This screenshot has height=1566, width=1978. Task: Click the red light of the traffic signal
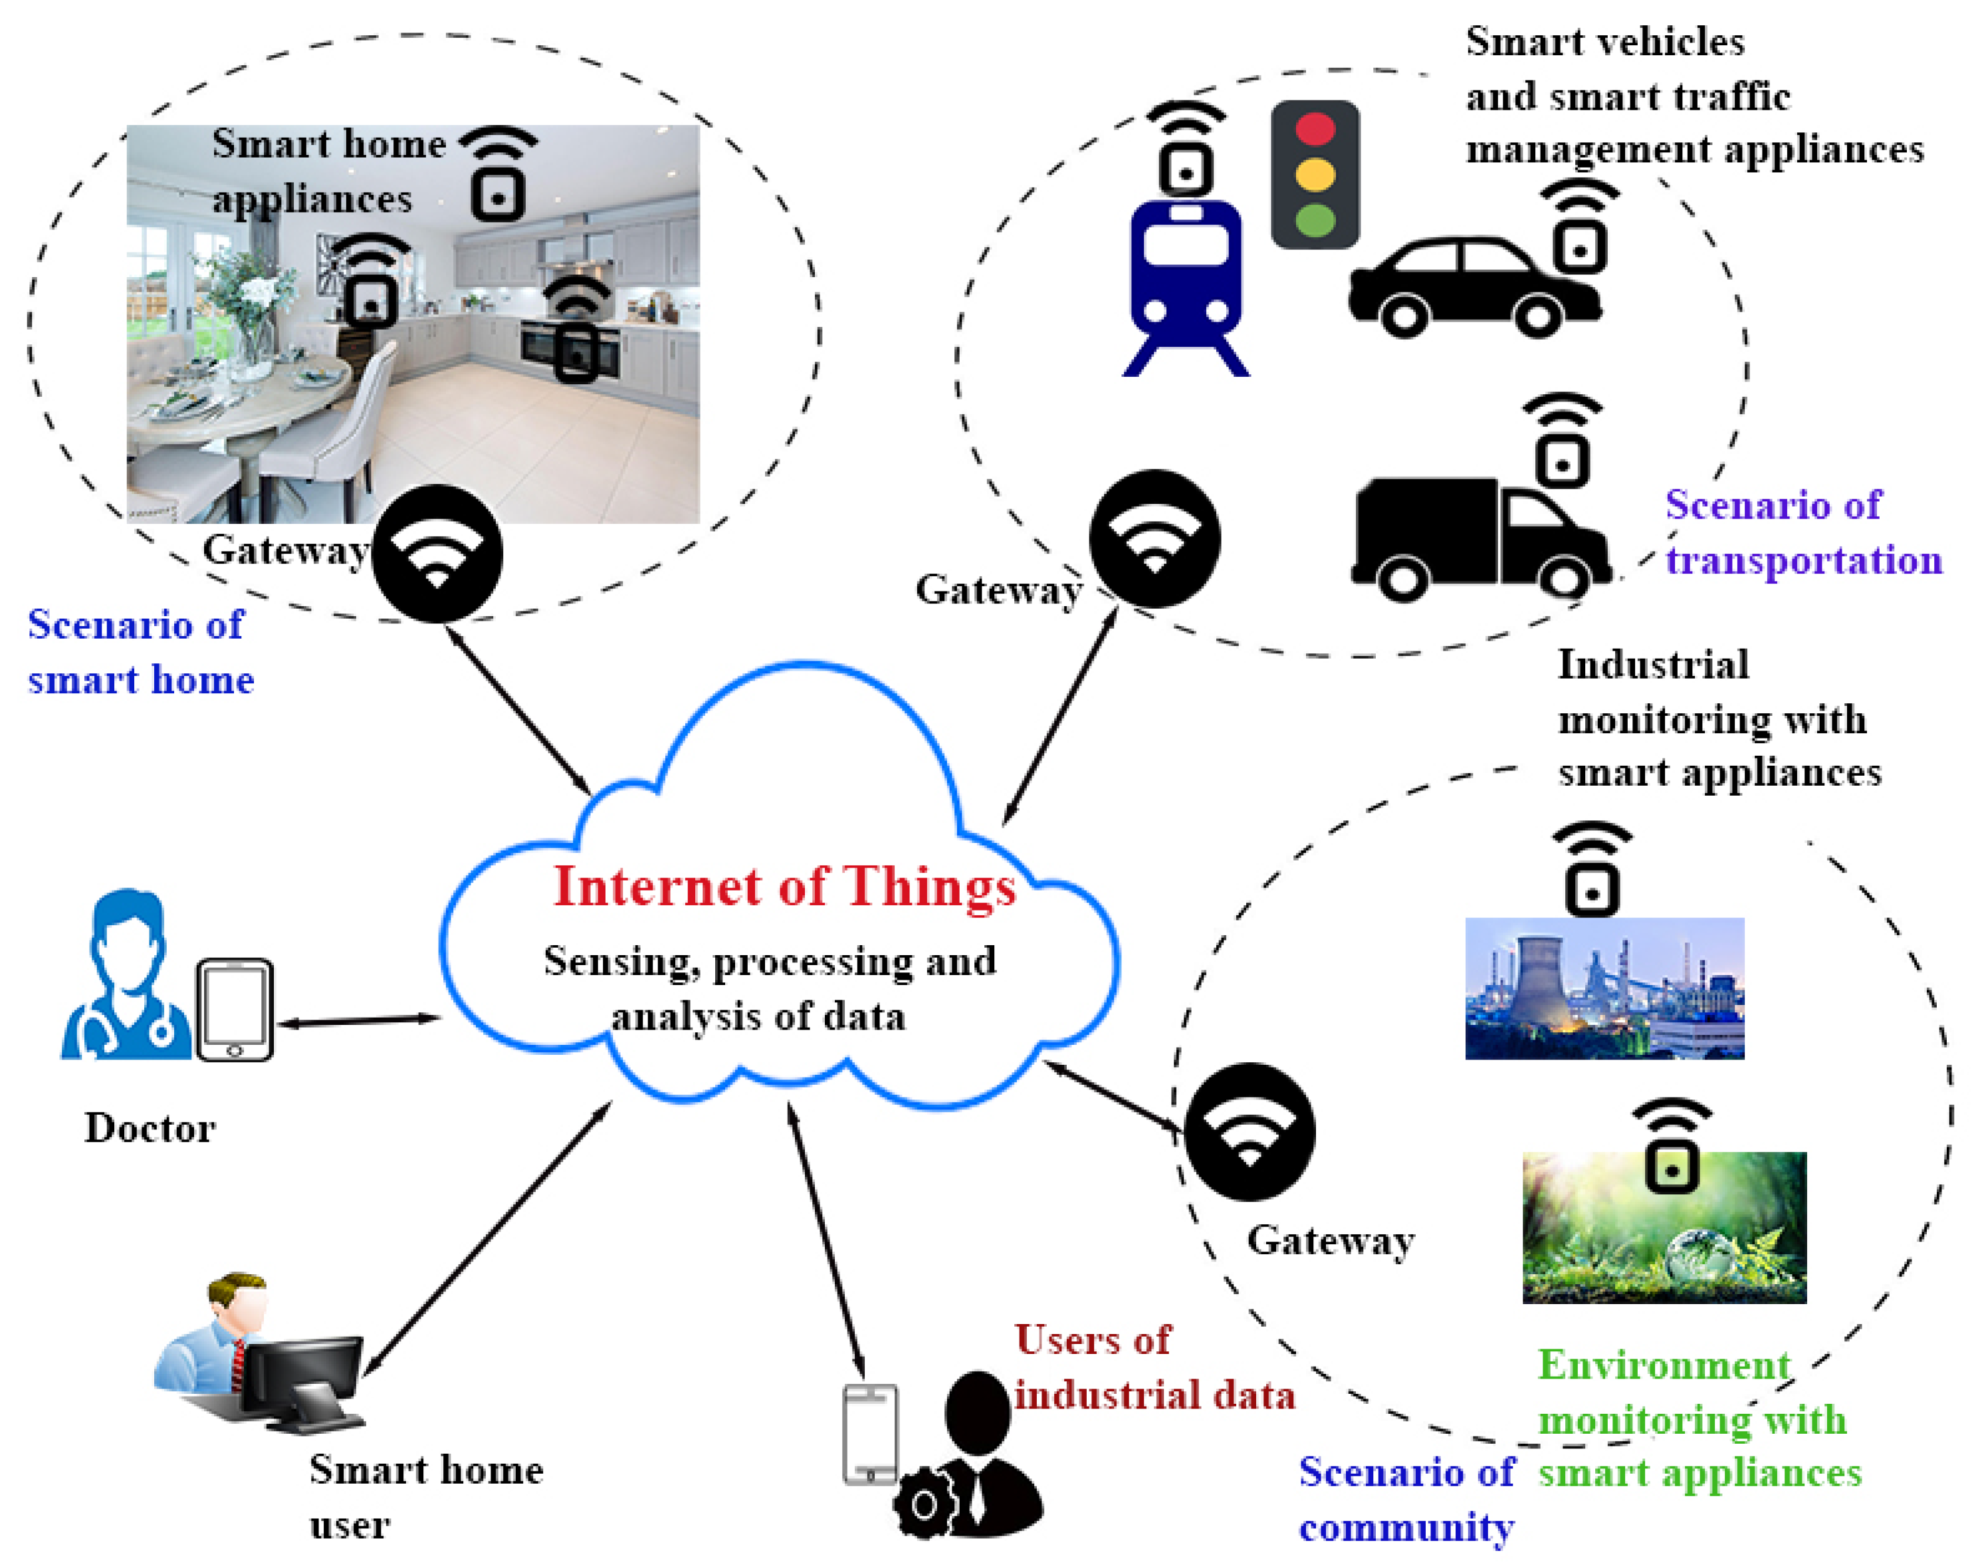pos(1315,129)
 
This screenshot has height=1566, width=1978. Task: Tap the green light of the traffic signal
pos(1315,220)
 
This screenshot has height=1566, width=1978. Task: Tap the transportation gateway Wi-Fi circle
pos(1154,538)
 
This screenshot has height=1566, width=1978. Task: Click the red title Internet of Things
pos(784,887)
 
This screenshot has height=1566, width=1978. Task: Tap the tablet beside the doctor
pos(235,1008)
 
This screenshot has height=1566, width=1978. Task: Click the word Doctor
pos(150,1128)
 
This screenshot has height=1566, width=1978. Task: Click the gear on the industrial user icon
pos(924,1504)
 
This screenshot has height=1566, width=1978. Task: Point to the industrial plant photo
pos(1603,988)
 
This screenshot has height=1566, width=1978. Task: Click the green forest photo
pos(1663,1228)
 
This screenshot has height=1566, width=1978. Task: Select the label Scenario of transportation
pos(1801,532)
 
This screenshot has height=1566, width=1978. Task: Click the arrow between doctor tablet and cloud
pos(358,1020)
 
